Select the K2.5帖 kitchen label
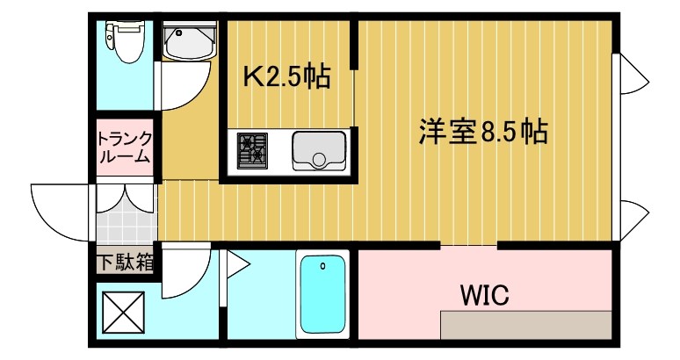[x=286, y=78]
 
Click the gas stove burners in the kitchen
[x=253, y=149]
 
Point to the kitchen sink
[x=319, y=150]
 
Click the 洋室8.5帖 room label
[x=482, y=132]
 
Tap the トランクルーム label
[x=125, y=148]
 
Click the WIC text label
[x=484, y=294]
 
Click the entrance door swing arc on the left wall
[x=57, y=211]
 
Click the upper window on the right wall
[x=633, y=70]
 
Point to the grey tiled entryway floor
[x=125, y=227]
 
